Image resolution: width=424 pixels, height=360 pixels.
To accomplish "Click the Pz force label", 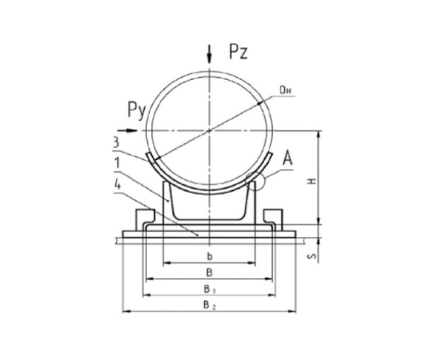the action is click(238, 52).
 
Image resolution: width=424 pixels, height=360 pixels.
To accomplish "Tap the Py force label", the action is click(137, 110).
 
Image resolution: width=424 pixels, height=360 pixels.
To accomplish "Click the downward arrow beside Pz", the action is click(209, 54).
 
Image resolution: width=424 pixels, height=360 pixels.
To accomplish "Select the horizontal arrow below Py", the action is click(128, 131).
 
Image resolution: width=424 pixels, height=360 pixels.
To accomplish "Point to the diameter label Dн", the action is click(285, 91).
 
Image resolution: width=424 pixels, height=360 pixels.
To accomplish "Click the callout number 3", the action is click(116, 142).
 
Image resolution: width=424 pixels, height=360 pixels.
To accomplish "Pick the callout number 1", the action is click(117, 163).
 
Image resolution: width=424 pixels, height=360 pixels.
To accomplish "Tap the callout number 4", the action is click(117, 185).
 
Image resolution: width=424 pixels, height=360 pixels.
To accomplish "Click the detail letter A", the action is click(288, 158).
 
